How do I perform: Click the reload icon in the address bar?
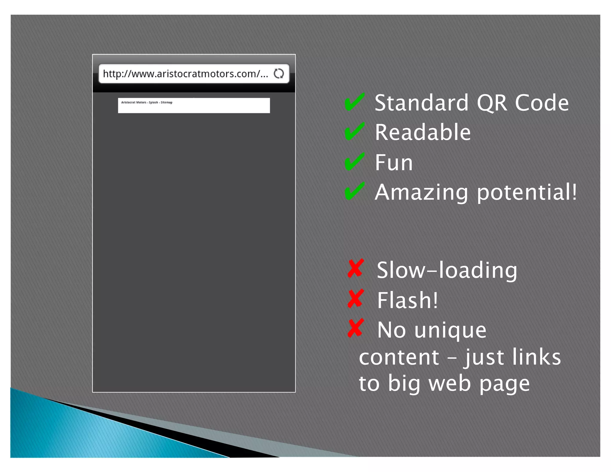click(279, 73)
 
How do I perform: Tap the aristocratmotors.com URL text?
click(185, 74)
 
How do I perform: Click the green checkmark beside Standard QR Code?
click(354, 102)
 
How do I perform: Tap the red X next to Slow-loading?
click(356, 269)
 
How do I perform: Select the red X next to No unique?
click(356, 328)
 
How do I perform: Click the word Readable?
click(422, 132)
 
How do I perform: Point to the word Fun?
click(394, 162)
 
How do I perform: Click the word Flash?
click(407, 300)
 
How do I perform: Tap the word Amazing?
click(421, 192)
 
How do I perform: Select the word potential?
click(527, 192)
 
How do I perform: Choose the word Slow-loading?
click(447, 270)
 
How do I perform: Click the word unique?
click(450, 331)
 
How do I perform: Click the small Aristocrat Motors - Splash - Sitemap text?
click(146, 102)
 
